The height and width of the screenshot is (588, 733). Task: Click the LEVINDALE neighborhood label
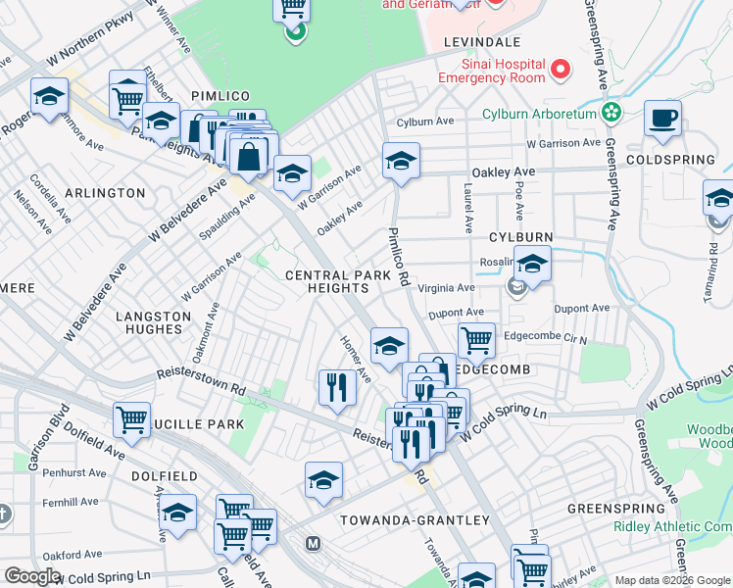481,43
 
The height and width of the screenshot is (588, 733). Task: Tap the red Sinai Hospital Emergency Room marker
561,70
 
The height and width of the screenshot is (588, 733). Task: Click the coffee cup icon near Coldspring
662,119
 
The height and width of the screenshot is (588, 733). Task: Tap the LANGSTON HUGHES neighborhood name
153,323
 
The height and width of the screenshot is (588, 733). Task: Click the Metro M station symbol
314,543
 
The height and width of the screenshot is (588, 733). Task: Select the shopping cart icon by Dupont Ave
476,341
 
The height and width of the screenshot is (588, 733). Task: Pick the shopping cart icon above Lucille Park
131,419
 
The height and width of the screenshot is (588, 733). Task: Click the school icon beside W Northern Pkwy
49,97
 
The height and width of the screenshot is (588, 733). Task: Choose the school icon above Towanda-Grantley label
323,480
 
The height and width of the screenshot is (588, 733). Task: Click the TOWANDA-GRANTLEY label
415,519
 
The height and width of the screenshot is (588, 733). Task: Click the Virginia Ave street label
446,288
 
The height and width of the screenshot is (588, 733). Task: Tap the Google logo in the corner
32,576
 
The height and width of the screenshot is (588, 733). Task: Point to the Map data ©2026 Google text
671,580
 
